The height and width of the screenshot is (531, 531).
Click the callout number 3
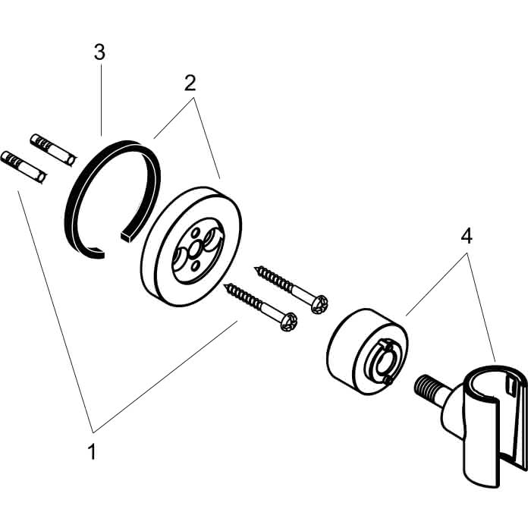[x=99, y=53]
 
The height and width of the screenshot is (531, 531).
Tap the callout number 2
[x=190, y=83]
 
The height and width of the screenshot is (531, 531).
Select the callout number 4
[x=467, y=236]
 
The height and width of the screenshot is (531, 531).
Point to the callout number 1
[x=92, y=451]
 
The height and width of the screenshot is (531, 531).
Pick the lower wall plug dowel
[x=24, y=168]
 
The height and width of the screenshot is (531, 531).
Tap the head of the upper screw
[x=319, y=304]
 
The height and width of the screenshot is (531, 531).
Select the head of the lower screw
[x=288, y=322]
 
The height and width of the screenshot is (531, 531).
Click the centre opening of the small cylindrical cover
[x=382, y=363]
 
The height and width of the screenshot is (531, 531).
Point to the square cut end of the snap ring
[x=126, y=237]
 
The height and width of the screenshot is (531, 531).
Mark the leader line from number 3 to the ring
[x=101, y=100]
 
